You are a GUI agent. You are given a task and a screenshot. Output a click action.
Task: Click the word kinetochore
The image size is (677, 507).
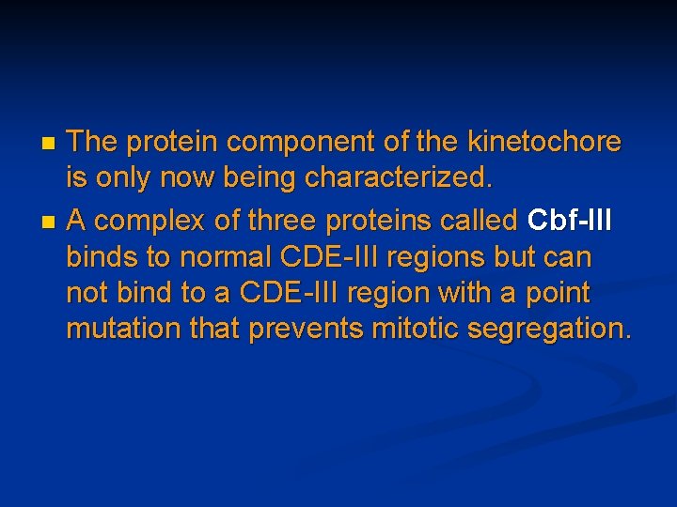(543, 142)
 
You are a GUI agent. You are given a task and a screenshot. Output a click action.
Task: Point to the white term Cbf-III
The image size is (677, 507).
(570, 221)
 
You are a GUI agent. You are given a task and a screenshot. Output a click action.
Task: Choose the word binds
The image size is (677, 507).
(102, 257)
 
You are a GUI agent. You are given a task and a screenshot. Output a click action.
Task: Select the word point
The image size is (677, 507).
(558, 294)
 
